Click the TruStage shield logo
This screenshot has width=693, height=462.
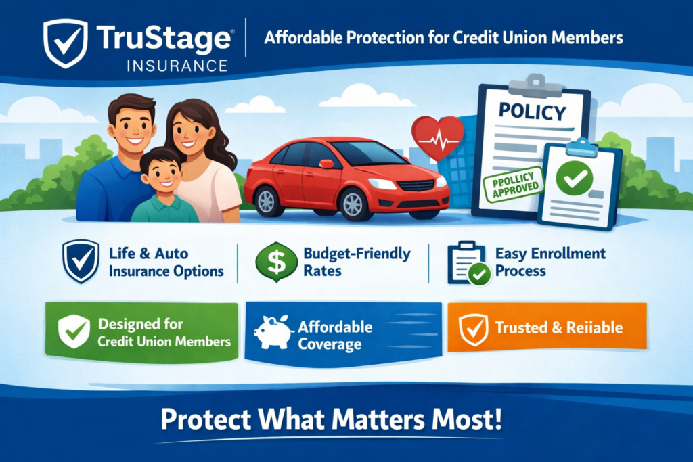(65, 43)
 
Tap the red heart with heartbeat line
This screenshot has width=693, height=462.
(437, 137)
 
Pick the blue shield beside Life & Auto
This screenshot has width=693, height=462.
(80, 261)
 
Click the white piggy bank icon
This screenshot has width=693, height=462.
(272, 331)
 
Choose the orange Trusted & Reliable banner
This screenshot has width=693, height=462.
(547, 328)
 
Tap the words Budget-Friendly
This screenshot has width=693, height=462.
(357, 254)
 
